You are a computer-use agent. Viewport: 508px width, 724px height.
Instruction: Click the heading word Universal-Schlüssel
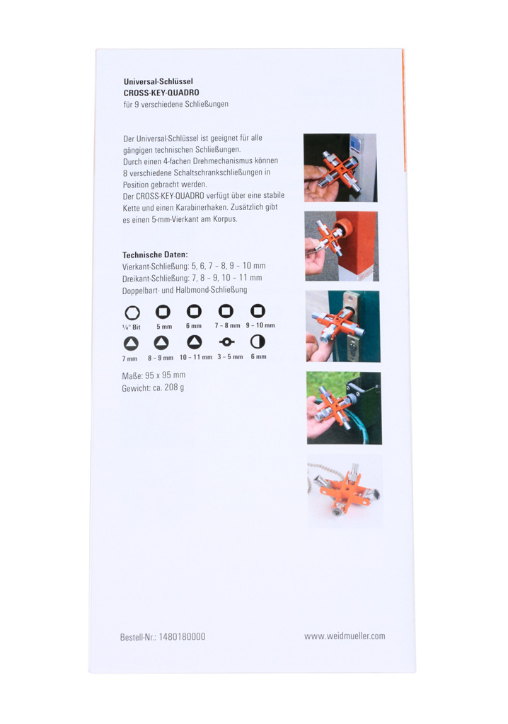pyautogui.click(x=158, y=81)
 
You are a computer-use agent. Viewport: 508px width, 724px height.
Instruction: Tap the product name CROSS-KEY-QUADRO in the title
pyautogui.click(x=161, y=93)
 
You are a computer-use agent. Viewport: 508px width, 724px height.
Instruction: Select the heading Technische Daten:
pyautogui.click(x=155, y=255)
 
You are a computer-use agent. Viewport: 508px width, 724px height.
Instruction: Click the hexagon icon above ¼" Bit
pyautogui.click(x=132, y=313)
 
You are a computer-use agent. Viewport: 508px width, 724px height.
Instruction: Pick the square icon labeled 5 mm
pyautogui.click(x=163, y=312)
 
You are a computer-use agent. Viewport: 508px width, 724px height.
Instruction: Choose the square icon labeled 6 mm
pyautogui.click(x=194, y=311)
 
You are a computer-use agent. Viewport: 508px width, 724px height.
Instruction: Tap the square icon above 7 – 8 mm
pyautogui.click(x=226, y=311)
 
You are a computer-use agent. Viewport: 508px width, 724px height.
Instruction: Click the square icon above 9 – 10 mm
pyautogui.click(x=258, y=311)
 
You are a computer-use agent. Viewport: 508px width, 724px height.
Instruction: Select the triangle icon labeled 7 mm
pyautogui.click(x=131, y=343)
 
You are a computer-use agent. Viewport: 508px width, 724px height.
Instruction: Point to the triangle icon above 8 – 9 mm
pyautogui.click(x=161, y=343)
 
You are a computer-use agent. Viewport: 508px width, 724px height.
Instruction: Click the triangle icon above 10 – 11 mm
pyautogui.click(x=194, y=342)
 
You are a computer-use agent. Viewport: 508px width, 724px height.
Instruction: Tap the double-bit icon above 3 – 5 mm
pyautogui.click(x=226, y=341)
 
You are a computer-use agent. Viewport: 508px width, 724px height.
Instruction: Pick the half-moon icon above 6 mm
pyautogui.click(x=258, y=341)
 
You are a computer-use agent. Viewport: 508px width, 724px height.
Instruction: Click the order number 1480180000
pyautogui.click(x=182, y=637)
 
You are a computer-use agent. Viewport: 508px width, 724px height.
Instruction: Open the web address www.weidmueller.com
pyautogui.click(x=345, y=636)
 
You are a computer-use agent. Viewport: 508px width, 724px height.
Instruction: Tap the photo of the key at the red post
pyautogui.click(x=342, y=246)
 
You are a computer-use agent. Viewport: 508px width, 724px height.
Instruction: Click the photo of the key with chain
pyautogui.click(x=345, y=491)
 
